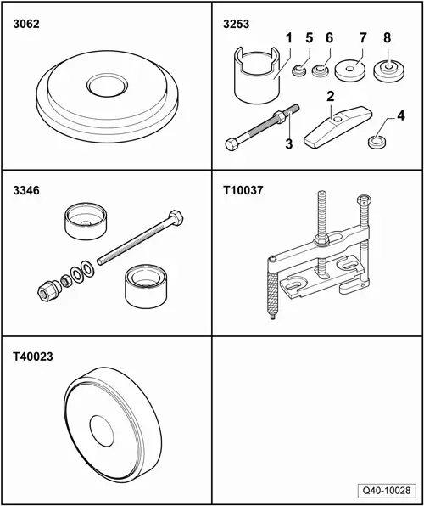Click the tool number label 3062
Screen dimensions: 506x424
(27, 25)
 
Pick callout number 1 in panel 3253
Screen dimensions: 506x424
(289, 39)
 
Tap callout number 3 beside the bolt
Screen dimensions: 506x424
(289, 144)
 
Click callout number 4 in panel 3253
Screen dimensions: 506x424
(377, 115)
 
